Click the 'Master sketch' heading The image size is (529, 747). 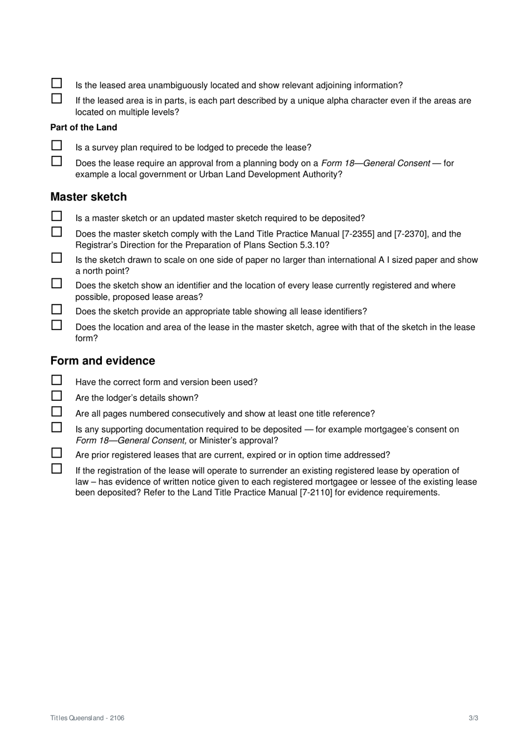click(89, 197)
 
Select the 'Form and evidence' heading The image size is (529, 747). click(102, 361)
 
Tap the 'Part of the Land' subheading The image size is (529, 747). click(84, 127)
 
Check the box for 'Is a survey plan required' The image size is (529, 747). click(57, 146)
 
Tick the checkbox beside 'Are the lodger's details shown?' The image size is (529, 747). click(57, 396)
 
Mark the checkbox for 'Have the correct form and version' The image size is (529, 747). click(57, 380)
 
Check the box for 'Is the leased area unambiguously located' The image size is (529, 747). click(57, 83)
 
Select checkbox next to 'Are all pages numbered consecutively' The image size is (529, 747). click(57, 412)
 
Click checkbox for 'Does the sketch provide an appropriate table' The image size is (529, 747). click(57, 309)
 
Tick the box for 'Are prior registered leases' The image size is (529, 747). click(57, 453)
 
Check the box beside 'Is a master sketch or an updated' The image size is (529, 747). click(57, 217)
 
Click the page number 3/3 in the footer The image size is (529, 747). click(473, 718)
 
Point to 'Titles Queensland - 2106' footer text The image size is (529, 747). click(87, 718)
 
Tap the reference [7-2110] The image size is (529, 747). click(316, 493)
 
